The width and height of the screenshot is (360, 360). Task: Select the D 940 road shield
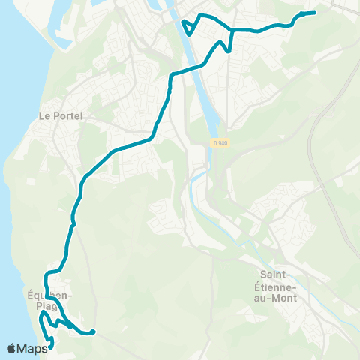click(x=218, y=142)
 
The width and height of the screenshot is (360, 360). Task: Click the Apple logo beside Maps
click(x=11, y=348)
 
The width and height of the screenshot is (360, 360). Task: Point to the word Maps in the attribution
click(x=32, y=348)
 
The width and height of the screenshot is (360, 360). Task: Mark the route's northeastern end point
click(x=313, y=13)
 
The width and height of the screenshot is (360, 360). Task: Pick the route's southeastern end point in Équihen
click(x=93, y=331)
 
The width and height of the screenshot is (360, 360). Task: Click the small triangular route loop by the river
click(x=188, y=26)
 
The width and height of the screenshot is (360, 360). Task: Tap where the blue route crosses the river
click(x=198, y=67)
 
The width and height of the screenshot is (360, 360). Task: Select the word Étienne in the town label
click(x=277, y=286)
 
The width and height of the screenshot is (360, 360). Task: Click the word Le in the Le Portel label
click(x=43, y=116)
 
